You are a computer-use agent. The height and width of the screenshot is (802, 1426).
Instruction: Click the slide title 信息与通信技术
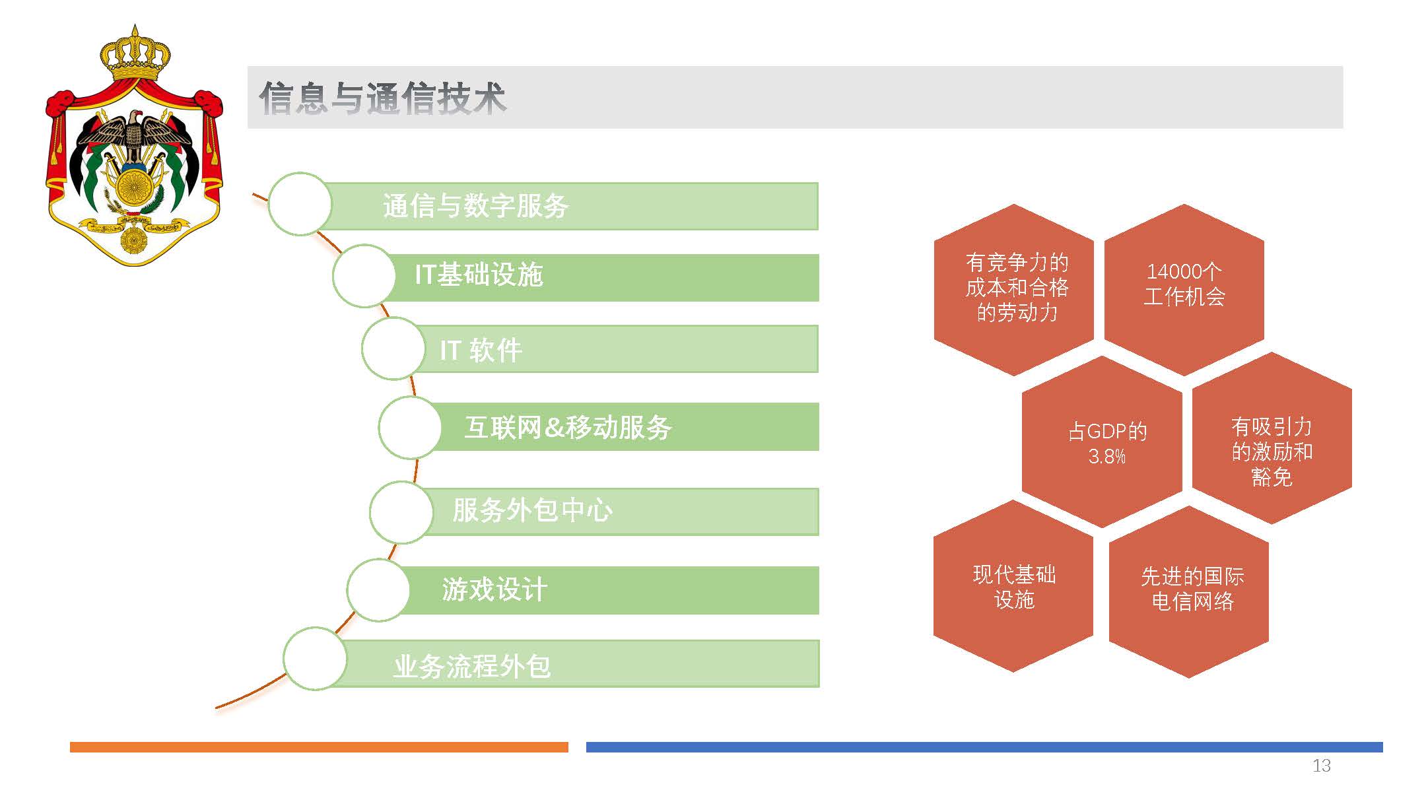point(382,98)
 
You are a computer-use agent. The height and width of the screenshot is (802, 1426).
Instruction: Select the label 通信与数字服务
point(475,206)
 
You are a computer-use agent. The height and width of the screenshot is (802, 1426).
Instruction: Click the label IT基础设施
point(479,275)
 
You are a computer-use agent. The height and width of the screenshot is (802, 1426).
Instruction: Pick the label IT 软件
point(481,350)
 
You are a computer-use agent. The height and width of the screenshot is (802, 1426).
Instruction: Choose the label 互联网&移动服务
point(568,428)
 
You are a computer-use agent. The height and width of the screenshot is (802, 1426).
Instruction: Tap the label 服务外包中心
point(532,510)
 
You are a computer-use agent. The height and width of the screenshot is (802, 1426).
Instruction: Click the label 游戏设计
point(494,589)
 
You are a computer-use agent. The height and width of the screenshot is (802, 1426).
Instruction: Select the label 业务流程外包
point(472,666)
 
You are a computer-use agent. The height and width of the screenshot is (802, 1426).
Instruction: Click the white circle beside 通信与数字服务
point(300,204)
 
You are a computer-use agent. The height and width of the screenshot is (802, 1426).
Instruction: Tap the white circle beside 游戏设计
point(378,590)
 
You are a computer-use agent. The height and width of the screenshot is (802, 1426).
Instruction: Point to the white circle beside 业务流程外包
point(315,659)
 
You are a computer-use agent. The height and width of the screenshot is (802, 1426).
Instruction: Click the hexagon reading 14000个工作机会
point(1184,290)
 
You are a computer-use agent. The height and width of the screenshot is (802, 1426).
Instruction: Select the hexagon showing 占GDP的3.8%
point(1102,442)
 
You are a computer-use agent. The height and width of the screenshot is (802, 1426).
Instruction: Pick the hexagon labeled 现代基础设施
point(1013,586)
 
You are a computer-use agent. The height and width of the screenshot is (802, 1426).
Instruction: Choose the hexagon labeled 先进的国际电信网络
point(1189,591)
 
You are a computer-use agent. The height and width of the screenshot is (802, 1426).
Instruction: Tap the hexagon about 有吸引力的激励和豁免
point(1272,438)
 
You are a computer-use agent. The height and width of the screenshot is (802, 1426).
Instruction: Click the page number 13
point(1321,766)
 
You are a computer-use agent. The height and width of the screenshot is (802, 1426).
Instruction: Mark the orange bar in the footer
point(319,747)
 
